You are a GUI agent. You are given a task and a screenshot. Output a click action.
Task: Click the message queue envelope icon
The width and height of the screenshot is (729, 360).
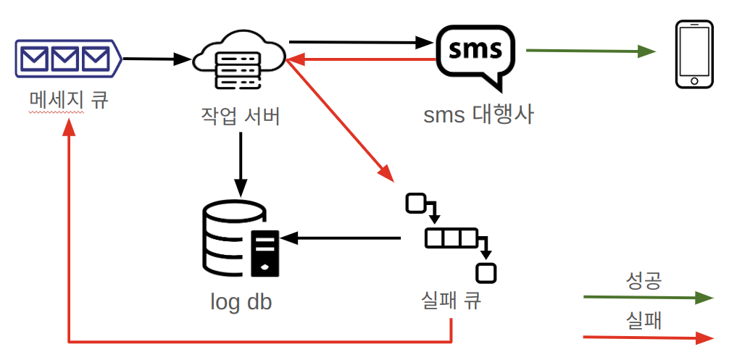click(67, 57)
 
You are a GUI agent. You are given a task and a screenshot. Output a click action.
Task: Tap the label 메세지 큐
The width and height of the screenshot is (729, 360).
click(68, 99)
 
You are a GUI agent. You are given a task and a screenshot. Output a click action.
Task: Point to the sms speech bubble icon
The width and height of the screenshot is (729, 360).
click(475, 54)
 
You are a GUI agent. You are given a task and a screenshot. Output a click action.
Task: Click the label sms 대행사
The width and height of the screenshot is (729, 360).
click(478, 114)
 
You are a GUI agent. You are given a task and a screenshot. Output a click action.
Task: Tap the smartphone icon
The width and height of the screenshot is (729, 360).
click(694, 55)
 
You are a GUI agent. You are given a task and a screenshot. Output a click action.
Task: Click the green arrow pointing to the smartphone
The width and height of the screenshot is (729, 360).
click(590, 51)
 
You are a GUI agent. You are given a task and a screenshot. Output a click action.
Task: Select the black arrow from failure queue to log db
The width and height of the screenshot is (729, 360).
click(341, 238)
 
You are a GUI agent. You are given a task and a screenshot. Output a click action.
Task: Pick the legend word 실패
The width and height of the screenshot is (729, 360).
click(643, 320)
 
